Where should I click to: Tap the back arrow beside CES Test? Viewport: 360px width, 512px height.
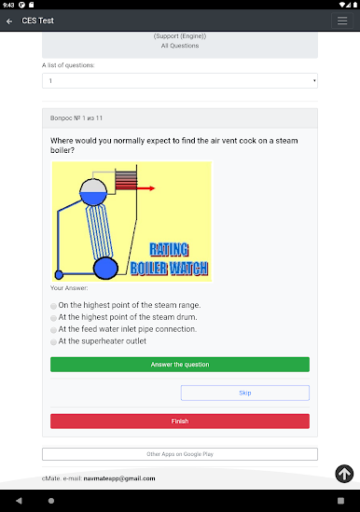coord(9,21)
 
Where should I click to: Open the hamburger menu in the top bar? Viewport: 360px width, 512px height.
coord(342,21)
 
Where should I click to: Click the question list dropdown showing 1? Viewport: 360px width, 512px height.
coord(180,80)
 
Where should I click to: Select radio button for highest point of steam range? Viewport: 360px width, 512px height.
coord(53,306)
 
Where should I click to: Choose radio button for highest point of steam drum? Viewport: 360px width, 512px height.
coord(53,318)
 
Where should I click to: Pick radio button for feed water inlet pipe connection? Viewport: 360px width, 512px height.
coord(53,330)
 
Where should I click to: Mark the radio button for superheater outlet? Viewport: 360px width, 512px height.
coord(53,342)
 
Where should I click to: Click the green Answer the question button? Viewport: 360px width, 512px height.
coord(180,365)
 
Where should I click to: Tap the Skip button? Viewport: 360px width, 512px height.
coord(245,393)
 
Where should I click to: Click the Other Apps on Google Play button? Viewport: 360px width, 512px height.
coord(180,454)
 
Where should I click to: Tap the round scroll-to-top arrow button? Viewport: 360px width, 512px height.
coord(344,474)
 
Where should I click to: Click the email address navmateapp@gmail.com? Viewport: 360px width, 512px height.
coord(119,478)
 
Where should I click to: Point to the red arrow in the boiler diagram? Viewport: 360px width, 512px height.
coord(145,188)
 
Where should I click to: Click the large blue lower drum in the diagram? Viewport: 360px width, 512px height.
coord(105,268)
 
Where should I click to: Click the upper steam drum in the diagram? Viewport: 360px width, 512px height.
coord(93,192)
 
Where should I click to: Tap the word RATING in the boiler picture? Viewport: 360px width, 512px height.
coord(169,249)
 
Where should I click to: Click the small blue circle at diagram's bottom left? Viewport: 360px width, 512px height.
coord(59,275)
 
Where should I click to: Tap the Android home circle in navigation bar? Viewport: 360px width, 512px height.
coord(51,501)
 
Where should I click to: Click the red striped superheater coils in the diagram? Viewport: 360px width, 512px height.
coord(126,181)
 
